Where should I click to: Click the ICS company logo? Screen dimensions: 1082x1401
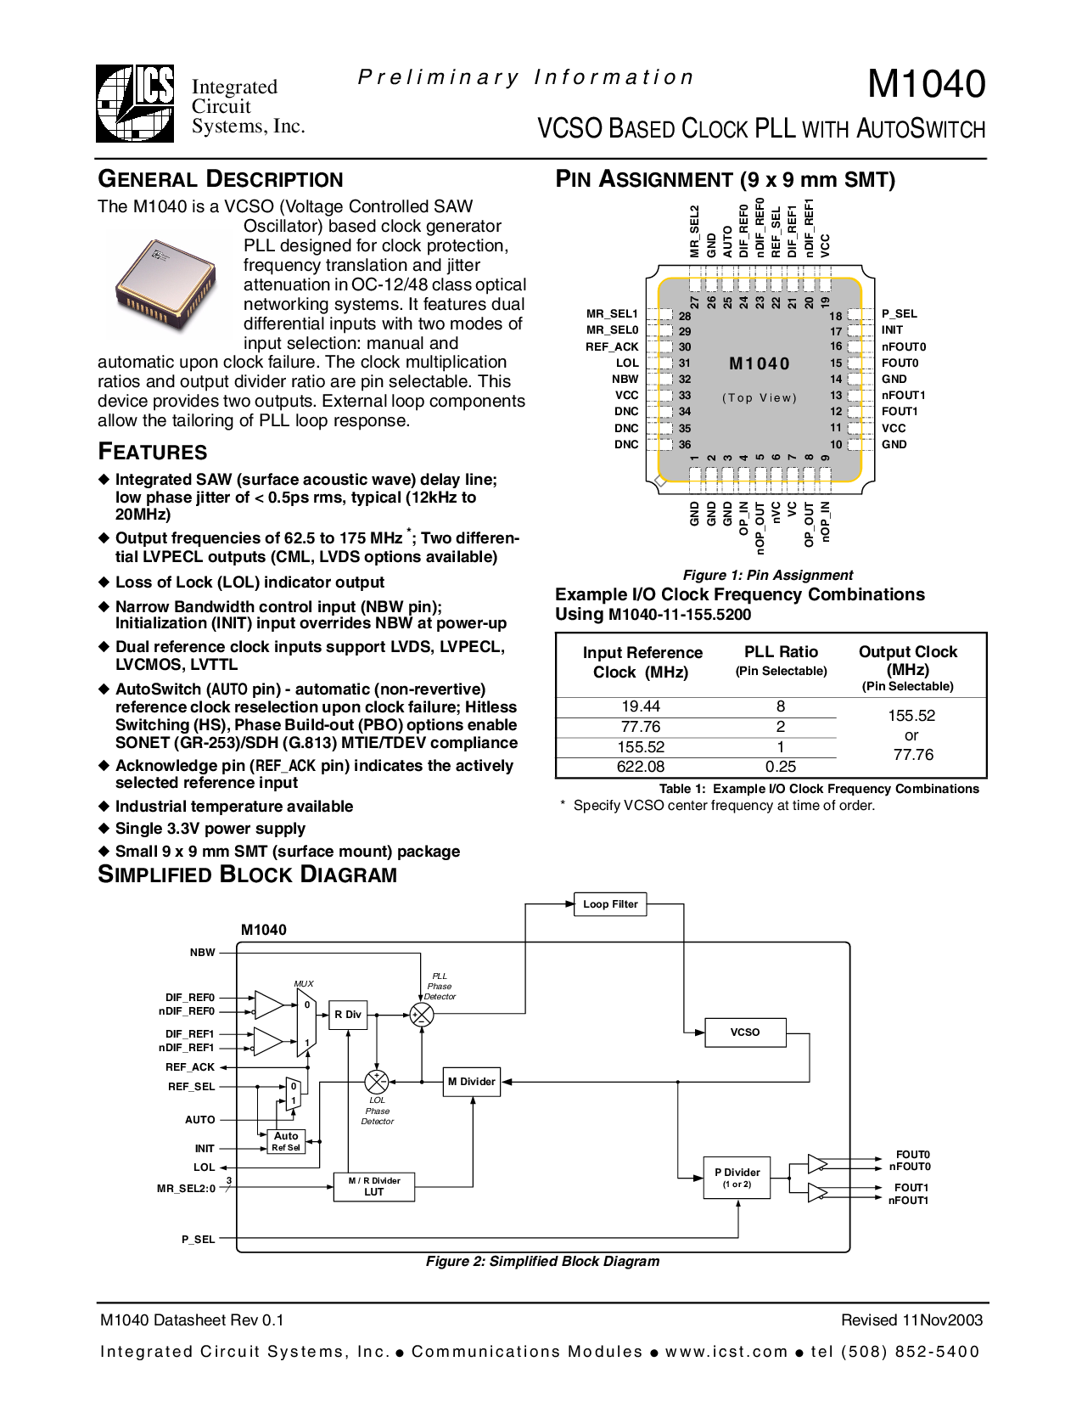pyautogui.click(x=135, y=103)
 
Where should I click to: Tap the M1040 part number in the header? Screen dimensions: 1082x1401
pyautogui.click(x=926, y=84)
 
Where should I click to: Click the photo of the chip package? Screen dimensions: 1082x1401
pyautogui.click(x=165, y=284)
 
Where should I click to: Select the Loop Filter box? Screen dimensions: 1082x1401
pyautogui.click(x=609, y=904)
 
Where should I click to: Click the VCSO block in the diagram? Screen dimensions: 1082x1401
pyautogui.click(x=745, y=1032)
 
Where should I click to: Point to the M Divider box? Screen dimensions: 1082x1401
pyautogui.click(x=472, y=1082)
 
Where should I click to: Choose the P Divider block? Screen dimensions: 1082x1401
pyautogui.click(x=737, y=1178)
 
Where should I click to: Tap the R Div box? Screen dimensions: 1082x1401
pyautogui.click(x=348, y=1015)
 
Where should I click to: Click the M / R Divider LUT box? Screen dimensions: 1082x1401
pyautogui.click(x=373, y=1186)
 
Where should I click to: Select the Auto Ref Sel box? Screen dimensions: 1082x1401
pyautogui.click(x=286, y=1141)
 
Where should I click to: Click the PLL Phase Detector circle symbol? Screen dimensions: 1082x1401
pyautogui.click(x=422, y=1015)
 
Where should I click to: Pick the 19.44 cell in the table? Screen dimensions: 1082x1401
pyautogui.click(x=641, y=706)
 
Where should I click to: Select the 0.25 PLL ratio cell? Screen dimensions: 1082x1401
pyautogui.click(x=781, y=767)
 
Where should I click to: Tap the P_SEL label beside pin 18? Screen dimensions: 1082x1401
pyautogui.click(x=899, y=314)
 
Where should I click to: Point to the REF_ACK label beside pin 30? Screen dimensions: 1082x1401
pyautogui.click(x=612, y=347)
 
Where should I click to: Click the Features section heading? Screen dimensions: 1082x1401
pyautogui.click(x=153, y=452)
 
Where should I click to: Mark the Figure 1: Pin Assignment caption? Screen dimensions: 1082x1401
pyautogui.click(x=767, y=575)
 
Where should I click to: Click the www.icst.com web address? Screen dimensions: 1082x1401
pyautogui.click(x=726, y=1352)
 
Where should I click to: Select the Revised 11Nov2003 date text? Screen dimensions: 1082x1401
pyautogui.click(x=912, y=1320)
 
